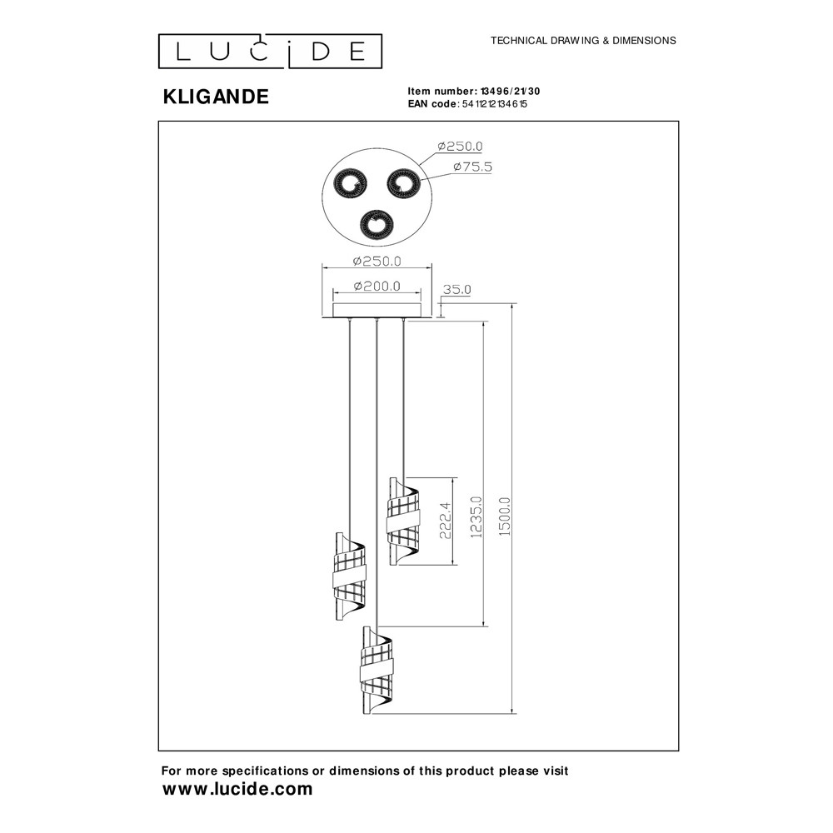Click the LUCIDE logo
click(x=270, y=52)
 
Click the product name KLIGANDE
click(x=216, y=97)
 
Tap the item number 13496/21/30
click(x=510, y=92)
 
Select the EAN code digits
click(x=495, y=104)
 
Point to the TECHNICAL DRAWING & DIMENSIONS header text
click(x=583, y=40)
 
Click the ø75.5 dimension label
click(x=472, y=167)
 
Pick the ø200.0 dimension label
click(x=377, y=287)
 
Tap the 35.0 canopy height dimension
click(x=456, y=290)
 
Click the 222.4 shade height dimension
click(x=445, y=521)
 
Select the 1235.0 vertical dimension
click(x=476, y=517)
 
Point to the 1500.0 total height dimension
click(x=505, y=516)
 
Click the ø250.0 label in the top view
click(x=460, y=146)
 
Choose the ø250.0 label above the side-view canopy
click(x=377, y=262)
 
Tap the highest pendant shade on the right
click(x=404, y=521)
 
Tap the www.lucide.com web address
click(x=237, y=789)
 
